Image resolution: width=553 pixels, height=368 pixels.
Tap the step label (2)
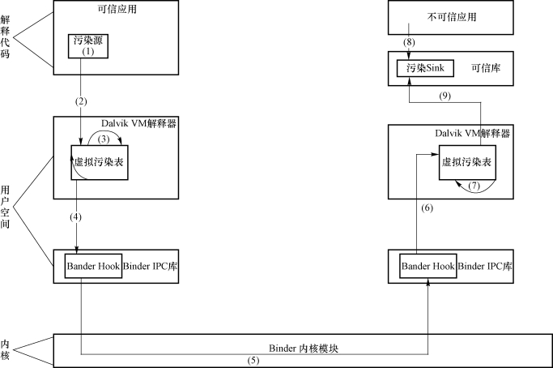(x=81, y=101)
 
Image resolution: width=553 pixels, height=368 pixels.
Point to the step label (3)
(x=104, y=139)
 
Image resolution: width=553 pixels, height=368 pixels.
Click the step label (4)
(x=75, y=217)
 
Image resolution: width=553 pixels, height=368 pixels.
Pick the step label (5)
(x=253, y=361)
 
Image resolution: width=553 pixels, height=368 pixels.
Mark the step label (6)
(x=427, y=208)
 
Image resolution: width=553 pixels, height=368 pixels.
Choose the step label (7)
(x=474, y=186)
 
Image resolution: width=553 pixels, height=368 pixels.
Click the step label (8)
(x=409, y=42)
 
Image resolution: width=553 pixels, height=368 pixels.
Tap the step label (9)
(x=445, y=96)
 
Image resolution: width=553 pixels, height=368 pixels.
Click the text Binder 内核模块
(x=304, y=349)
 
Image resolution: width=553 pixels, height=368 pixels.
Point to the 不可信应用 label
(x=452, y=16)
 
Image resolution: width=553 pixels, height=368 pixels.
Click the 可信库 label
(x=486, y=68)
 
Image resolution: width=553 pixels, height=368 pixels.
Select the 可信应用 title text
(x=117, y=9)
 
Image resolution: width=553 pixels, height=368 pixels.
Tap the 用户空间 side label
(x=5, y=207)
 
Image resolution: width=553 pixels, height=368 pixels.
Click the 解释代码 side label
(x=5, y=36)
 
